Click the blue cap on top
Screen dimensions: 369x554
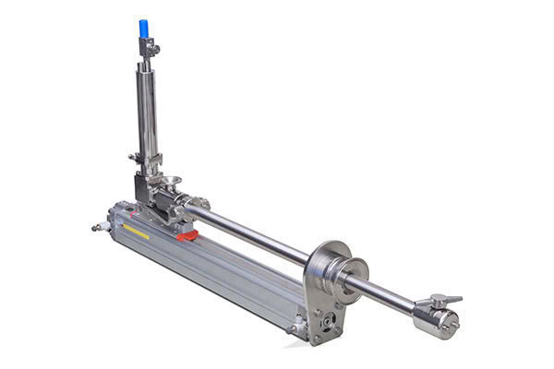[x=144, y=29]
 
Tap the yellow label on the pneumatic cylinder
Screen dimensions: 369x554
[x=137, y=232]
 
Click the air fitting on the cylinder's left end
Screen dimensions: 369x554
[x=95, y=224]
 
